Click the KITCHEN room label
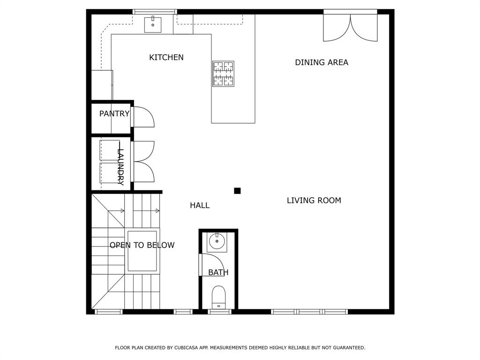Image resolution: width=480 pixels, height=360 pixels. point(166,57)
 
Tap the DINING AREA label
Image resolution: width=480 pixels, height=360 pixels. point(322,62)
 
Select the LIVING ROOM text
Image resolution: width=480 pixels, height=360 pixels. point(314,201)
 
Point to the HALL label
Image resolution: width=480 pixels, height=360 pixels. point(200,205)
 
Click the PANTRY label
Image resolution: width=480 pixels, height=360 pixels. point(114,113)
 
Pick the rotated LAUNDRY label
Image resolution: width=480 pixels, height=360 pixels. point(120,167)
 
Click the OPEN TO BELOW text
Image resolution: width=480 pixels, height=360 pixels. point(142,245)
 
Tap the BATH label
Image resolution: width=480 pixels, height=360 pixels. point(218,272)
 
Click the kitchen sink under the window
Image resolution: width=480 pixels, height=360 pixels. point(153,24)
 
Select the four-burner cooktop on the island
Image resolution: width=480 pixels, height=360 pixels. point(224,74)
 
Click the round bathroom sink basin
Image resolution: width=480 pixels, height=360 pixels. point(217,241)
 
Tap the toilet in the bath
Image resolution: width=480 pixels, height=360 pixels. point(218,297)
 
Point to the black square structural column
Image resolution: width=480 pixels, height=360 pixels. point(237,191)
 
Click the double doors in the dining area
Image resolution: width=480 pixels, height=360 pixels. point(351,28)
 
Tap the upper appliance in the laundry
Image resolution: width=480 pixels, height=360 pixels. point(110,150)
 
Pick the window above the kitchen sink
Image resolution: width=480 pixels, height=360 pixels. point(155,12)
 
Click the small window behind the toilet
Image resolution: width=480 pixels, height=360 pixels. point(219,312)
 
